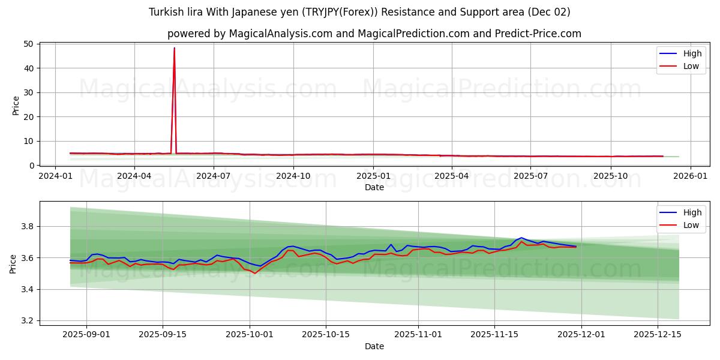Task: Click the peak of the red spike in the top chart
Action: [x=175, y=48]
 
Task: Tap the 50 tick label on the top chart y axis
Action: [x=28, y=44]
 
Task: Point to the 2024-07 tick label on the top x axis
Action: [x=214, y=176]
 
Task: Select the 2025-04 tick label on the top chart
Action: [x=451, y=176]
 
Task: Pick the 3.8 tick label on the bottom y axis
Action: [x=28, y=227]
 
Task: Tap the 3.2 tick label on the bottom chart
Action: [x=28, y=321]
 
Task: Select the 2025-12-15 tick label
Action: [x=658, y=334]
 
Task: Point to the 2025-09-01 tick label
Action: [x=86, y=334]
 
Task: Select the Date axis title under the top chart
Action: [x=374, y=187]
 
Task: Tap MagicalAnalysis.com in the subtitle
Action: [x=281, y=34]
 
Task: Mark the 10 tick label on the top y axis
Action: [x=28, y=141]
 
